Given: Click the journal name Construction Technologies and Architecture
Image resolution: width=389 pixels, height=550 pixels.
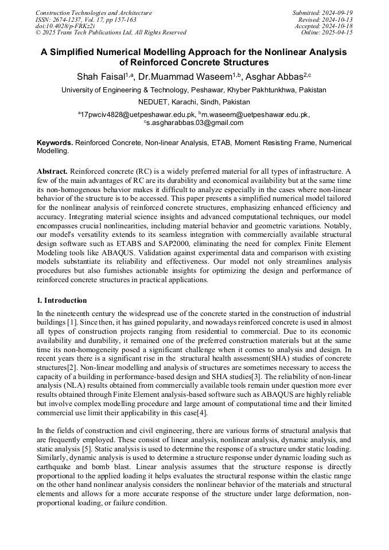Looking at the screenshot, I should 94,13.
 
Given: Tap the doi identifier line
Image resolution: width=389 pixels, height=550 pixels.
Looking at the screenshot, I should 65,26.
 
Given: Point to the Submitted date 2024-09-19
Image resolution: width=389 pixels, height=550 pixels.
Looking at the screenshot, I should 322,13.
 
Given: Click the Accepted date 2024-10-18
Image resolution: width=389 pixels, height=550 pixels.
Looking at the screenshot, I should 324,26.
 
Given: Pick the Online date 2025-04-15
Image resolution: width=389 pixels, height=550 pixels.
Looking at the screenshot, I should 327,33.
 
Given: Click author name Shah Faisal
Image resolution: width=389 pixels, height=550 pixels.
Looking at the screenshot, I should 100,76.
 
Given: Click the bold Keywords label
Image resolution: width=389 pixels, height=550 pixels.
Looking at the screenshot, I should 55,142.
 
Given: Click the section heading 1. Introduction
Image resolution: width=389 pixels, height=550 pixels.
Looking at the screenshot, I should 62,301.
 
